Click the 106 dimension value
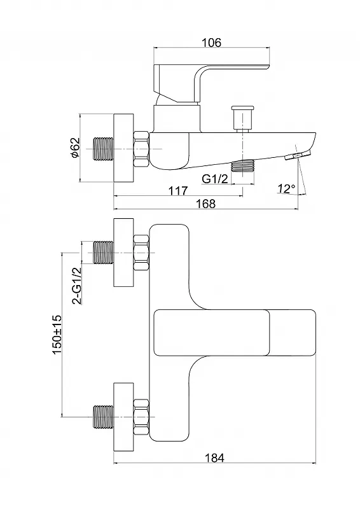tap(211, 43)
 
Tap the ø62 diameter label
tap(74, 148)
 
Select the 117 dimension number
tap(178, 190)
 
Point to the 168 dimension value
tap(206, 204)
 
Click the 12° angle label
tap(286, 188)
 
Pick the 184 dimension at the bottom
tap(214, 457)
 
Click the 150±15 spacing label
tap(57, 335)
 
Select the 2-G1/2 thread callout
tap(76, 286)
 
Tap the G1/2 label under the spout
tap(215, 179)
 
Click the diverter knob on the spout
tap(242, 118)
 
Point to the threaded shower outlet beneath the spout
tap(242, 165)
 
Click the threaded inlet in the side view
tap(103, 149)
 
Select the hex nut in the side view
tap(142, 149)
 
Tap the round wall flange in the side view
tap(123, 148)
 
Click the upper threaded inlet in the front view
tap(103, 253)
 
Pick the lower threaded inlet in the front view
tap(103, 417)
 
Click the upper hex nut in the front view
tap(142, 253)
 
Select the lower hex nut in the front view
tap(142, 417)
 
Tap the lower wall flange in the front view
tap(123, 417)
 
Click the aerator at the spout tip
tap(298, 155)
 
